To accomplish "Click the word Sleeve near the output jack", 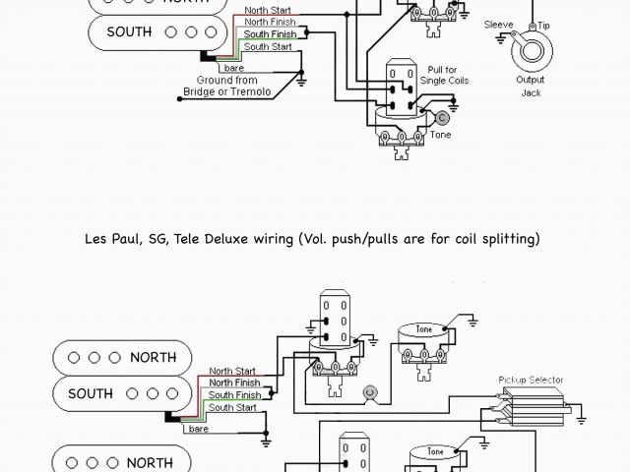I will pyautogui.click(x=499, y=25).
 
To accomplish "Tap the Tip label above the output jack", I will pyautogui.click(x=544, y=25).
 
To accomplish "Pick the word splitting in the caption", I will pyautogui.click(x=509, y=238).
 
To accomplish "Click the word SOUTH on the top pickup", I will pyautogui.click(x=129, y=31).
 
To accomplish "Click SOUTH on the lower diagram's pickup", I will pyautogui.click(x=91, y=394).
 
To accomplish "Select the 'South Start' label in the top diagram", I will pyautogui.click(x=269, y=47).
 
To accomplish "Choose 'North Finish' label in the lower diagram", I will pyautogui.click(x=234, y=383).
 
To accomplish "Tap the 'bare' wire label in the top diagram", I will pyautogui.click(x=234, y=68).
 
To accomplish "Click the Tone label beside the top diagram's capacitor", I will pyautogui.click(x=440, y=135).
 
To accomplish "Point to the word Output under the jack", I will pyautogui.click(x=531, y=80).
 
